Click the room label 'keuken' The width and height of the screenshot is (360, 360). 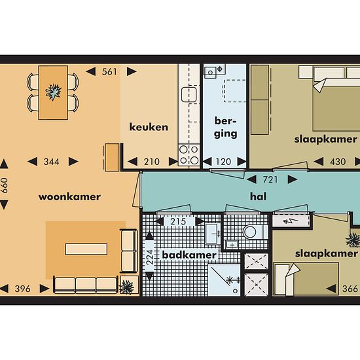(x=149, y=127)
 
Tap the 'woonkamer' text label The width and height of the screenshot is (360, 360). (x=69, y=197)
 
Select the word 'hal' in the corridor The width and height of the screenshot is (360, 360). (x=259, y=196)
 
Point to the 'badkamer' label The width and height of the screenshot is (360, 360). (x=189, y=255)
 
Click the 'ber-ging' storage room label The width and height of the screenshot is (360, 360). (x=225, y=128)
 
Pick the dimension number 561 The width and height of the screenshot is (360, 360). (x=109, y=72)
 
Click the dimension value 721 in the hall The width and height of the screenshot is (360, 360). (x=270, y=179)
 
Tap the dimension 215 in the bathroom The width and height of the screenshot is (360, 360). (x=178, y=221)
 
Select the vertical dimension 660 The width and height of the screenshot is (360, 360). (x=5, y=185)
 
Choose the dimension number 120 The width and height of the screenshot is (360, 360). (x=223, y=162)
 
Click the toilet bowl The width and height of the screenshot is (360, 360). (x=250, y=232)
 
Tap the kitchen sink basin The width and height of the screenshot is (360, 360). (x=189, y=94)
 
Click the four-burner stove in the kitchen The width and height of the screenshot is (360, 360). (x=189, y=154)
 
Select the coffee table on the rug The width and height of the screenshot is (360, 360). (x=86, y=249)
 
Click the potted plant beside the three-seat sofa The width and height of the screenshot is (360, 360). (x=126, y=287)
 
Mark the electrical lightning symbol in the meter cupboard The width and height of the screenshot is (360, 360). (x=291, y=221)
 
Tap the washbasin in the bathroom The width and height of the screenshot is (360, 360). (x=211, y=234)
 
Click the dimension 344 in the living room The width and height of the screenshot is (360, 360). (x=52, y=162)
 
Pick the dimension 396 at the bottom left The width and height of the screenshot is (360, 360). (x=22, y=289)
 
